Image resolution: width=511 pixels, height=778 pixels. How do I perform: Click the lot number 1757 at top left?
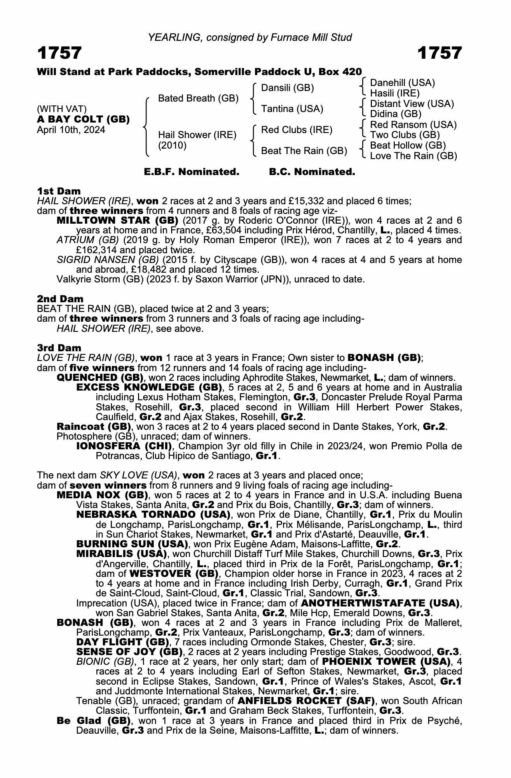tap(59, 53)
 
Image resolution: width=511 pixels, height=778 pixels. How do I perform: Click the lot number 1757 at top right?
tap(439, 53)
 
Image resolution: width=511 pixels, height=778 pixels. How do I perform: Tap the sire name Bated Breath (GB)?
tap(198, 98)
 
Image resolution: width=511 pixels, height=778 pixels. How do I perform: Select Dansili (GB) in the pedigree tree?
tap(287, 88)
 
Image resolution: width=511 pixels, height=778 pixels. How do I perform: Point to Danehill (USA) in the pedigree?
tap(402, 83)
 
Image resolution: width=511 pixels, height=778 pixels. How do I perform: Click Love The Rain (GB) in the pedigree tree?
tap(413, 156)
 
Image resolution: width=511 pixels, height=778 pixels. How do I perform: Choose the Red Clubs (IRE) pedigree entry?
tap(296, 130)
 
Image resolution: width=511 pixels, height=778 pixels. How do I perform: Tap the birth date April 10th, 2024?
tap(71, 130)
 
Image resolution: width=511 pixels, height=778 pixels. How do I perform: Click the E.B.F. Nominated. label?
tap(192, 172)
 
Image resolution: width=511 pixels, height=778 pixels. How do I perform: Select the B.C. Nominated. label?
tap(312, 172)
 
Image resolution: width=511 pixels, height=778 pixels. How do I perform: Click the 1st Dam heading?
tap(59, 191)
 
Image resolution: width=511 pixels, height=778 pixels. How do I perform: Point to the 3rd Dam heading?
tap(59, 348)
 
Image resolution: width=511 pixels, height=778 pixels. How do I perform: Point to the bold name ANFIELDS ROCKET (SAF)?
tap(306, 701)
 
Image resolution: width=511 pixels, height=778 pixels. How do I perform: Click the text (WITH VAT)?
tap(61, 109)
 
